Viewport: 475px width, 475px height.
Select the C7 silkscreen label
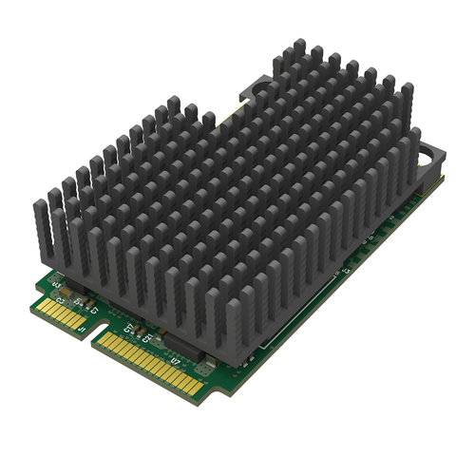pyautogui.click(x=94, y=311)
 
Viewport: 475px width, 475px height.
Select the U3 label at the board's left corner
pyautogui.click(x=56, y=284)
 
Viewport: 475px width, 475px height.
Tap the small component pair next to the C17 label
pyautogui.click(x=139, y=331)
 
